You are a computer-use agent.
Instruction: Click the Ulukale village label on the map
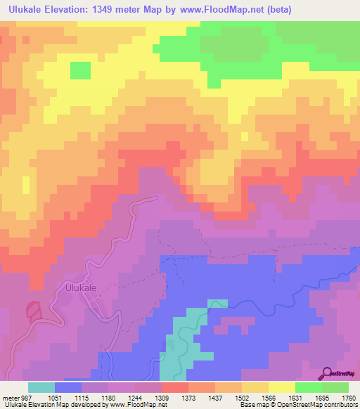tap(79, 287)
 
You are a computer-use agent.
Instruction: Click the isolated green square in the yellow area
tap(80, 70)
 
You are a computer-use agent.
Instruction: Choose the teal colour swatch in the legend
tap(41, 387)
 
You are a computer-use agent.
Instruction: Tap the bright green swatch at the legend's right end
tap(335, 387)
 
